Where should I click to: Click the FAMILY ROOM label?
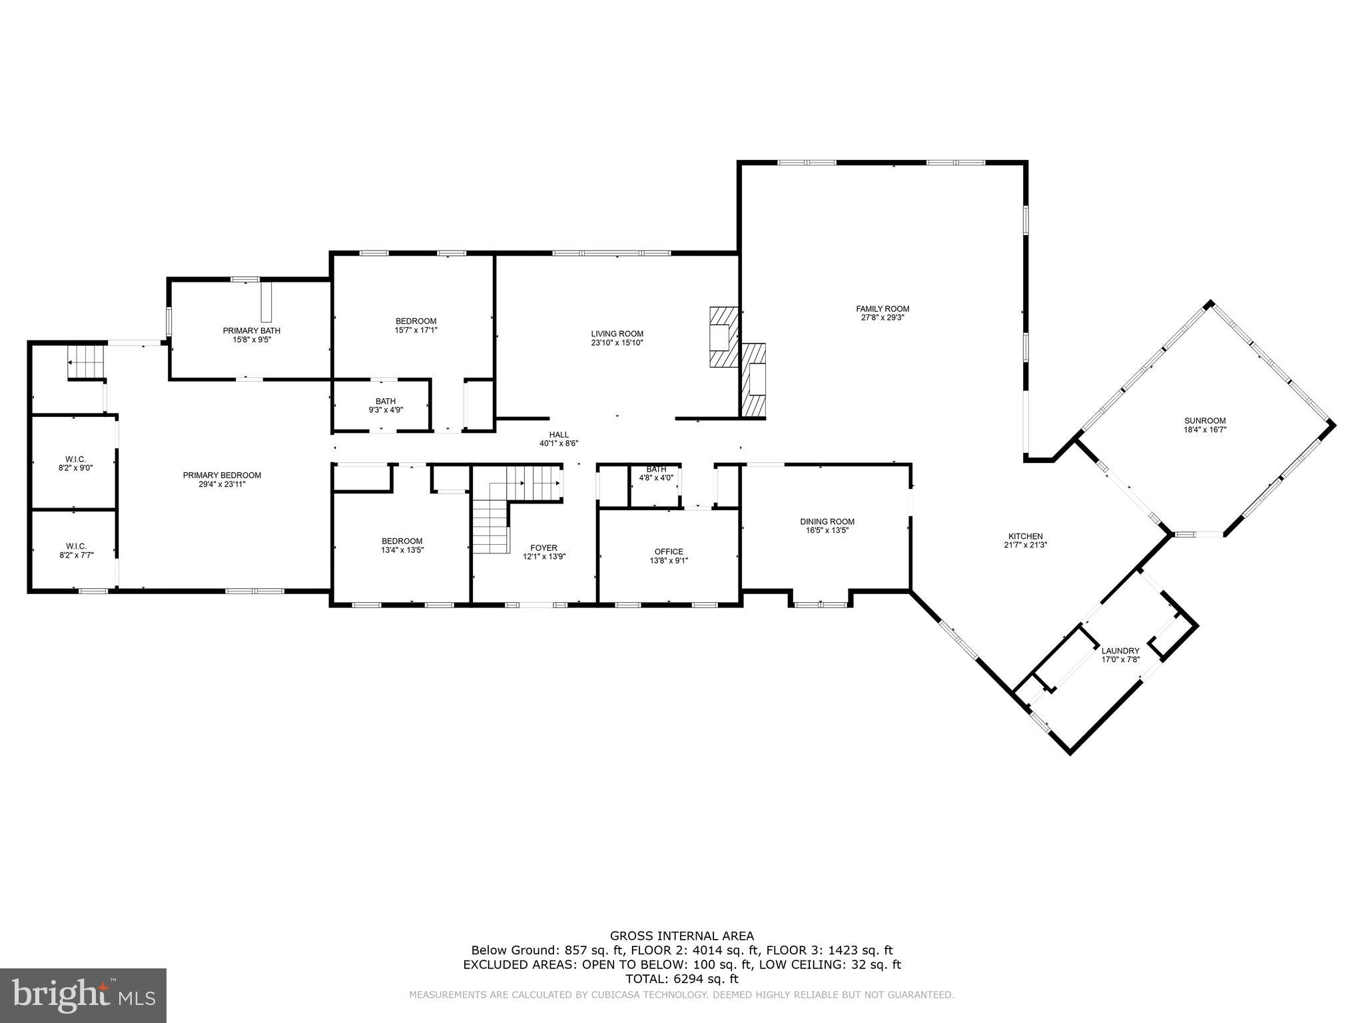(x=882, y=309)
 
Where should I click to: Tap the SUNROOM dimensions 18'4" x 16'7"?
(x=1205, y=430)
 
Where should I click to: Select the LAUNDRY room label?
(x=1120, y=651)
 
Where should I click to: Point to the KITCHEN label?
(x=1025, y=536)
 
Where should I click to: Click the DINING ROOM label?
(x=827, y=521)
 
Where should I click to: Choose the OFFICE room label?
(x=669, y=551)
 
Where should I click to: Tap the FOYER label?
(x=543, y=548)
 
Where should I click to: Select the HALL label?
(x=559, y=435)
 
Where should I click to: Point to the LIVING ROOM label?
(x=617, y=334)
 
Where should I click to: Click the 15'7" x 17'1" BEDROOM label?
(x=416, y=321)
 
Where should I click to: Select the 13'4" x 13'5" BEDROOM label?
(x=402, y=541)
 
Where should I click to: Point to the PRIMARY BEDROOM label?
(x=222, y=475)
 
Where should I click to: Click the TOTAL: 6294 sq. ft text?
(x=681, y=979)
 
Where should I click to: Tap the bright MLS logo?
(x=83, y=995)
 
